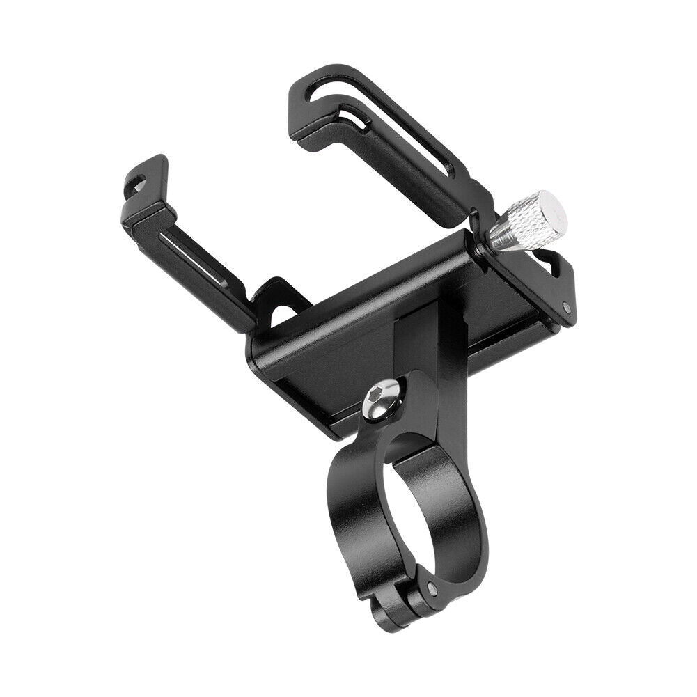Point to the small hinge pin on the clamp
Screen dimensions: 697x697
pos(434,586)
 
